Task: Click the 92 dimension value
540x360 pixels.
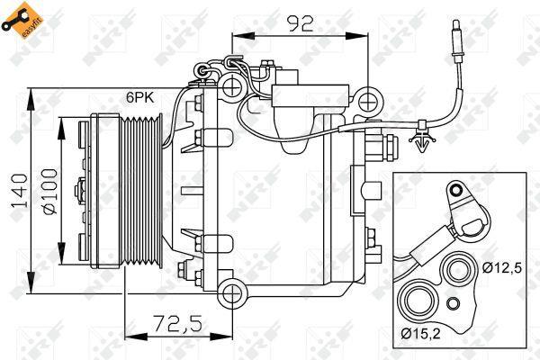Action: tap(301, 23)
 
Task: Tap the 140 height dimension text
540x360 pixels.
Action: tap(19, 191)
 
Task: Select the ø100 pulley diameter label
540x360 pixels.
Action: tap(49, 191)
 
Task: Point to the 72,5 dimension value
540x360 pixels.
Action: tap(176, 323)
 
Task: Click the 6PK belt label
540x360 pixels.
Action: tap(140, 97)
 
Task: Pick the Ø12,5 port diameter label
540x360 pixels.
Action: tap(502, 267)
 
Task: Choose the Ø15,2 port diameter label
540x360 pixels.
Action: tap(421, 333)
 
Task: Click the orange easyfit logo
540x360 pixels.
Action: tap(19, 21)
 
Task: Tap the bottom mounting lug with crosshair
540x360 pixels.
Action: tap(233, 294)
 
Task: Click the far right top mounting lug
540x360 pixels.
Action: tap(368, 102)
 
